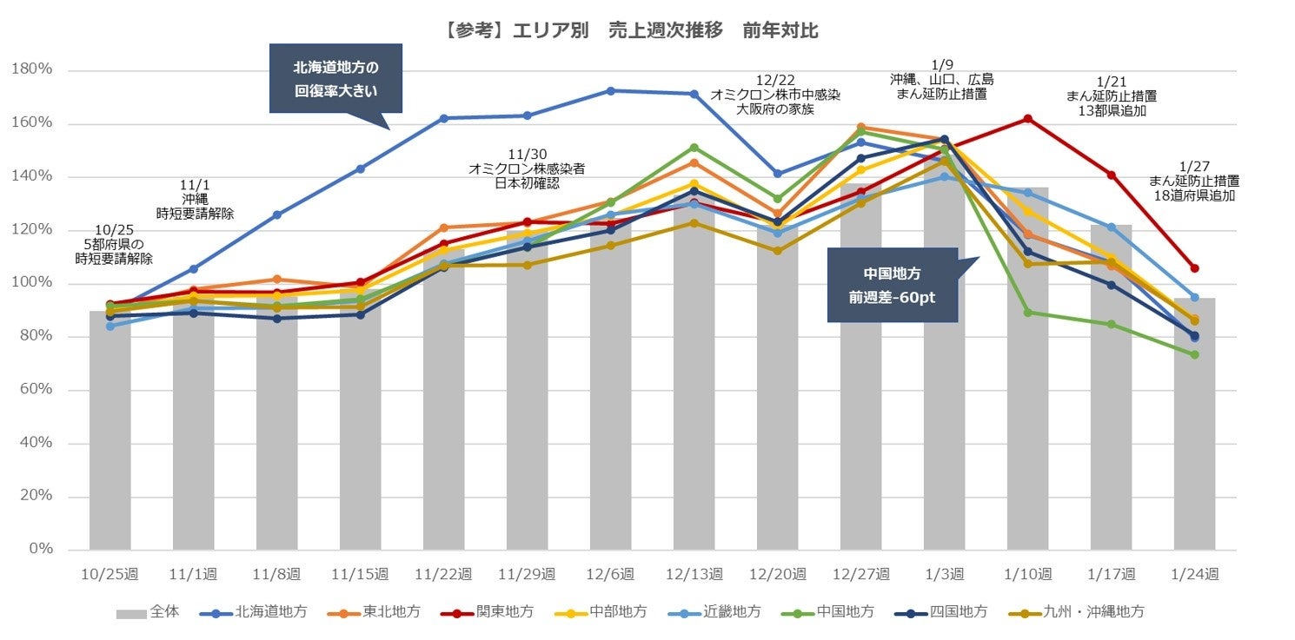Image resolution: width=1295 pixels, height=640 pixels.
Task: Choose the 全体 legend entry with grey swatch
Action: tap(149, 611)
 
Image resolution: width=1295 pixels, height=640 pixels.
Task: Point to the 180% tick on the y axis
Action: tap(34, 70)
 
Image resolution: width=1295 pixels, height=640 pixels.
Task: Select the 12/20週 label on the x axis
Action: tap(778, 574)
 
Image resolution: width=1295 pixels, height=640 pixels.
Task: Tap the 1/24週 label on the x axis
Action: tap(1195, 574)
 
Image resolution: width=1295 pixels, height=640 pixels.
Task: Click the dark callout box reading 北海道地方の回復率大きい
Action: tap(335, 78)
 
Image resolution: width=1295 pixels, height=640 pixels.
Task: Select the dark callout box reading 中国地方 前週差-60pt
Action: tap(892, 285)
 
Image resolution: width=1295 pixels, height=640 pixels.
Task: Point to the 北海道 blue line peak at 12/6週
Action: tap(611, 90)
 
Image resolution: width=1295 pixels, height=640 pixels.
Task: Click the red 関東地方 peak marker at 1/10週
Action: tap(1027, 118)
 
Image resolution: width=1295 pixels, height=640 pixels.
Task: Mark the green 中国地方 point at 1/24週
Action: tap(1194, 354)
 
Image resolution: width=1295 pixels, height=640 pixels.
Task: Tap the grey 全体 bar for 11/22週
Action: tap(444, 408)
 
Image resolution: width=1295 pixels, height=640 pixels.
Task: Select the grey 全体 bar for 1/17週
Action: tap(1111, 391)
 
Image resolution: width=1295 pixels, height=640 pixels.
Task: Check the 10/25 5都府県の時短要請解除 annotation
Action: tap(113, 246)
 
